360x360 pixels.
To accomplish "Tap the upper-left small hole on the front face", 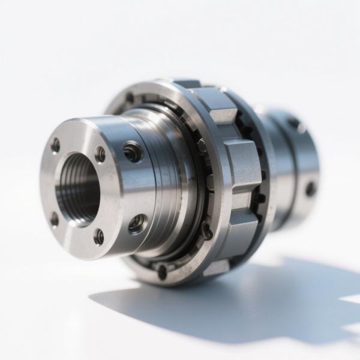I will coord(55,145).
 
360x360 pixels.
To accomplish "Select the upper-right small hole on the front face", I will coord(100,154).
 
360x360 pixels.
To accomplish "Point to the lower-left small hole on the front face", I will coord(54,220).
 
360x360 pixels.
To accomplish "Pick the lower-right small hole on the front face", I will coord(98,236).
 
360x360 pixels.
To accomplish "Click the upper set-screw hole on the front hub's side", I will coord(132,152).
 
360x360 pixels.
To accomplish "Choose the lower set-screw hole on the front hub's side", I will coord(137,224).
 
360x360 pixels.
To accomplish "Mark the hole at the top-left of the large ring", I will coord(129,98).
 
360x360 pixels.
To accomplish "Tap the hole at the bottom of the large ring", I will coord(162,271).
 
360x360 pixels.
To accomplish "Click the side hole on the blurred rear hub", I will coord(310,188).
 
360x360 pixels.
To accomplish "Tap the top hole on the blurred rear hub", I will coord(295,124).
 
